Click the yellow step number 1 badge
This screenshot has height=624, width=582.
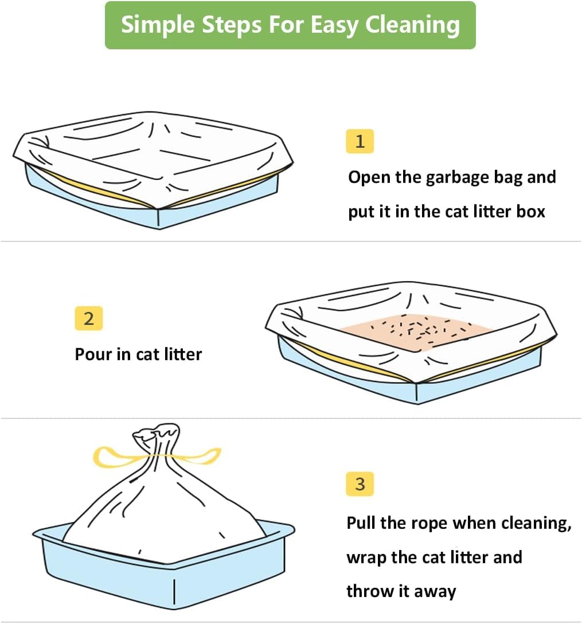(360, 141)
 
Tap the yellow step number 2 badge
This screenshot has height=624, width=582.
(89, 318)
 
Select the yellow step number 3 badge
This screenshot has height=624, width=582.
(360, 484)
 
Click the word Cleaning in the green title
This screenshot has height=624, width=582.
(412, 25)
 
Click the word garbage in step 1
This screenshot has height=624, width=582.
(457, 178)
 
